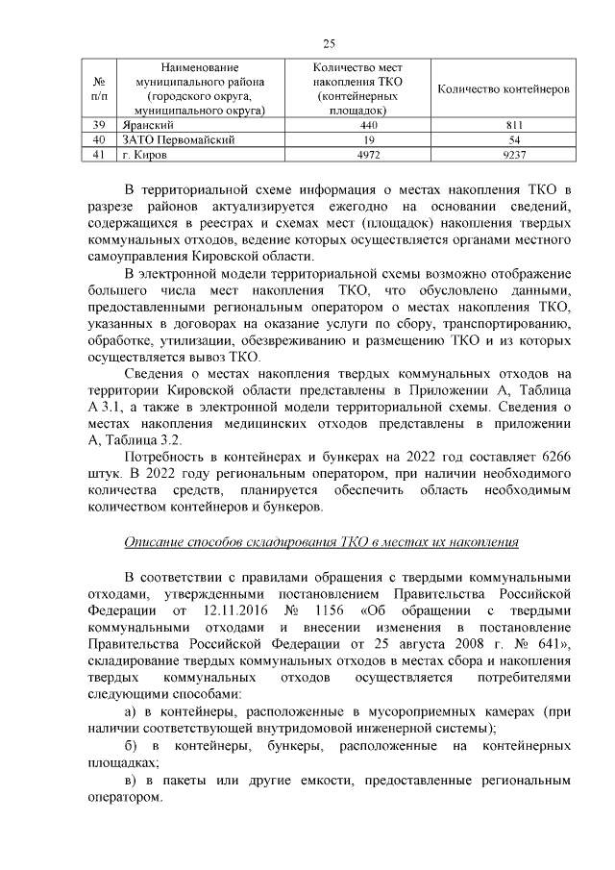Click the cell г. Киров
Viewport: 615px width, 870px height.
pos(143,154)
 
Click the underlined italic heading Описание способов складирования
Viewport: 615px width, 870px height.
pos(322,542)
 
